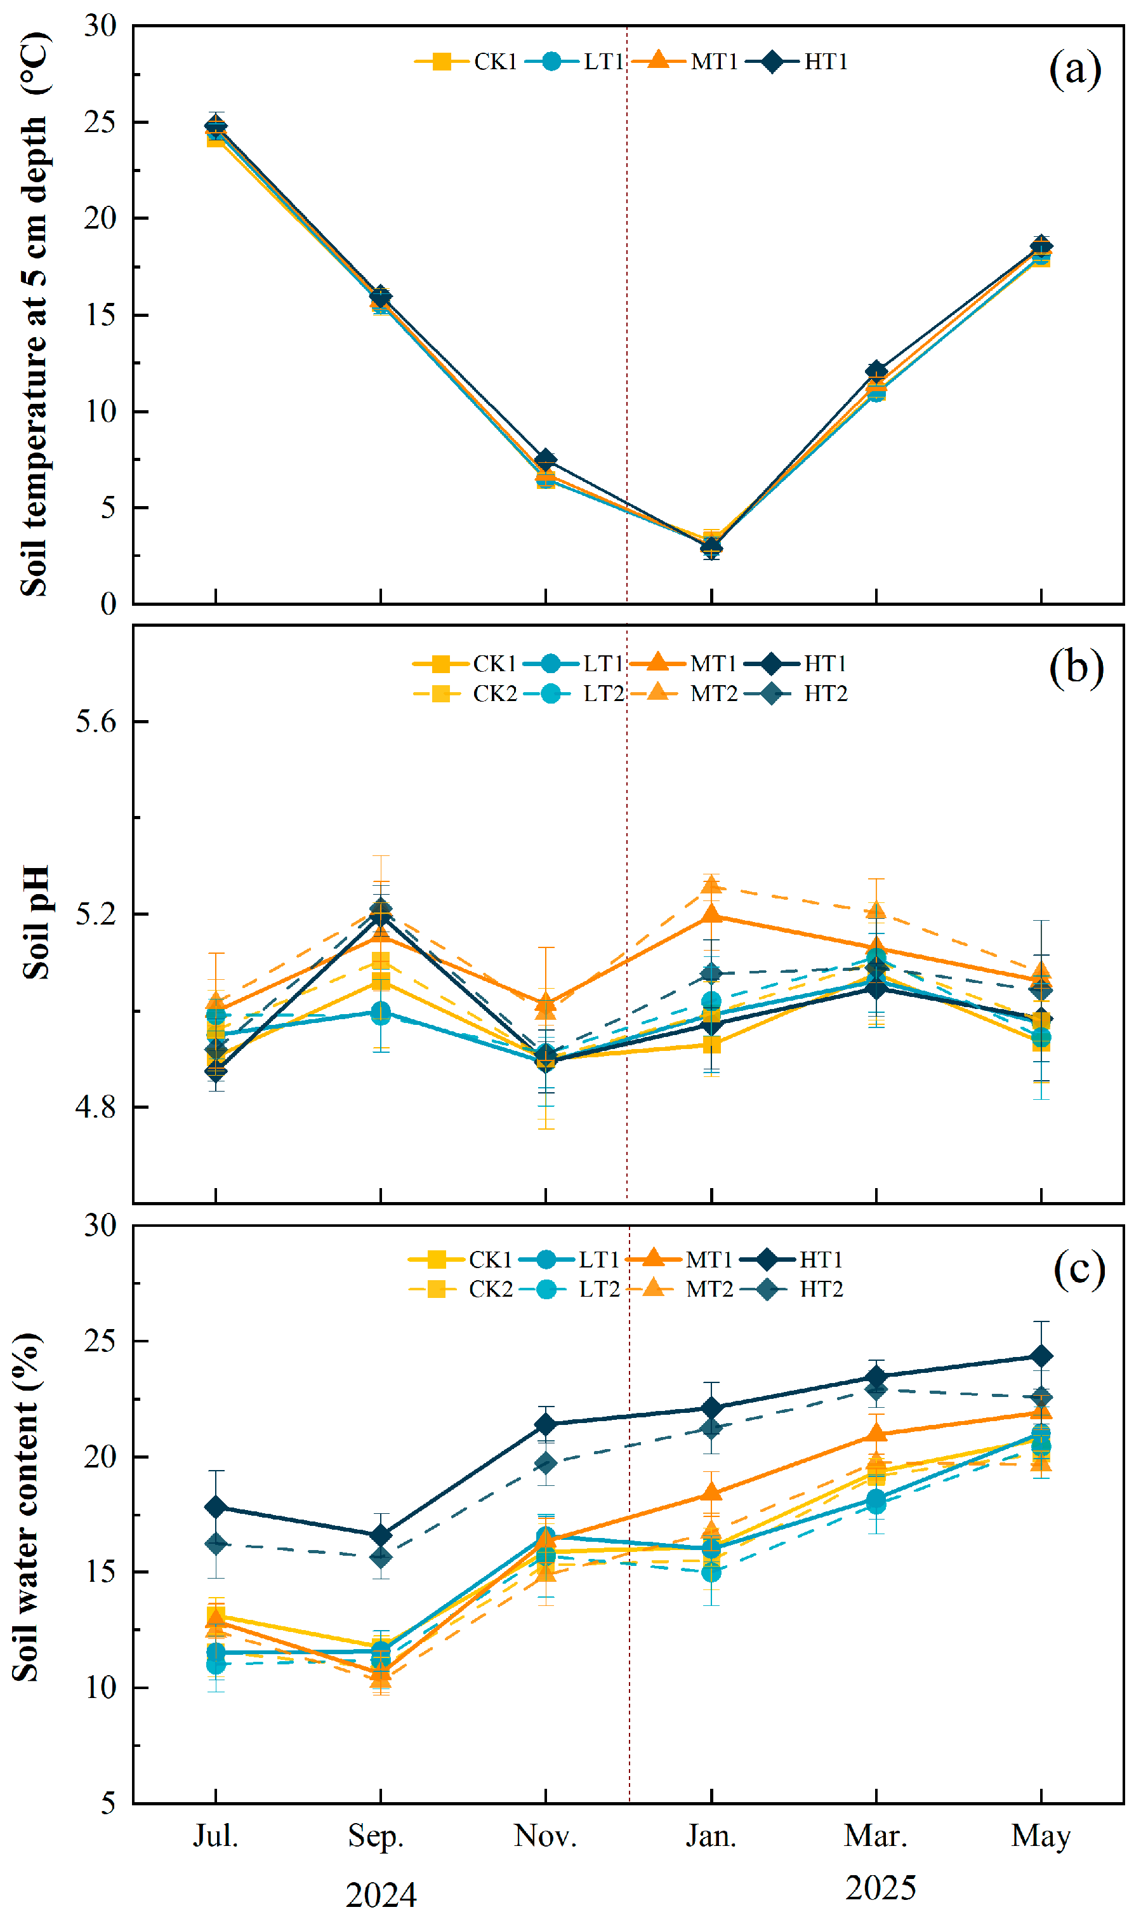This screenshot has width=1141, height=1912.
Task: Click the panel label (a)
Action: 1075,69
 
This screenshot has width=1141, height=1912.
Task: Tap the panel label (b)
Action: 1076,667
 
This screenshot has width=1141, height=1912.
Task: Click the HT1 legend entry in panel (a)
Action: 796,62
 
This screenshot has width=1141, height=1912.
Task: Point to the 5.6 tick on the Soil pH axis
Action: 95,721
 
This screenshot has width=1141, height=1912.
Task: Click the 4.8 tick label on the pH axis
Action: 95,1107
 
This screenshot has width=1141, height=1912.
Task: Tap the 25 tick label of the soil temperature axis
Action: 100,121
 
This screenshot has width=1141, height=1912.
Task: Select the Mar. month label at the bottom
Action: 876,1836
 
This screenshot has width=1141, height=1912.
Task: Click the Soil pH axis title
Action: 36,922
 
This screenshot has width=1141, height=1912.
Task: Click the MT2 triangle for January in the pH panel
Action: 711,885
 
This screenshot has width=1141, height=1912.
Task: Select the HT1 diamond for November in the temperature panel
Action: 546,460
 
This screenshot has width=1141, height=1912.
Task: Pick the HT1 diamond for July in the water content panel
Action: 216,1507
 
